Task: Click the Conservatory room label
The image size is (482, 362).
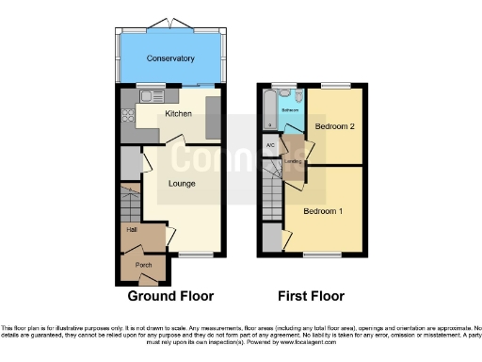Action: tap(170, 58)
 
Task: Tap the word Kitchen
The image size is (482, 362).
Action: tap(179, 114)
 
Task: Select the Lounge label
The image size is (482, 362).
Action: tap(181, 185)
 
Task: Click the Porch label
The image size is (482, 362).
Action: tap(144, 265)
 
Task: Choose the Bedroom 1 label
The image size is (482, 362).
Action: tap(322, 211)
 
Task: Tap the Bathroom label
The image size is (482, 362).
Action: tap(289, 110)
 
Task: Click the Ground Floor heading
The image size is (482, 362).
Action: tap(170, 295)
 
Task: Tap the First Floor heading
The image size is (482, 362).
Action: tap(309, 295)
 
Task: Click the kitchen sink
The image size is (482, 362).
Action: tap(150, 95)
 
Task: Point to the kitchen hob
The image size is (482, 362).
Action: tap(126, 118)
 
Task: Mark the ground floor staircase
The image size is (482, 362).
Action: tap(129, 202)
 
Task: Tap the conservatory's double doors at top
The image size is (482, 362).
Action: tap(170, 23)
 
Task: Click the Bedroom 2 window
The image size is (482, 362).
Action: tap(333, 87)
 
